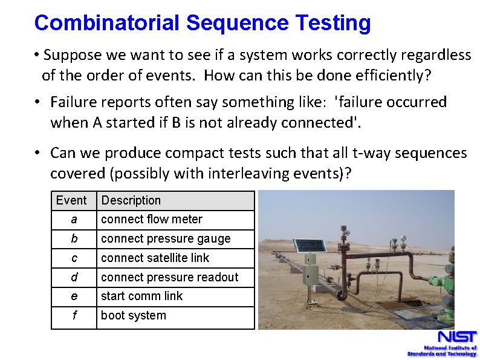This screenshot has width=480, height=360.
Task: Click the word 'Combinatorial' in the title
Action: [107, 23]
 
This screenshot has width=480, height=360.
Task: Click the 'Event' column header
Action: [71, 200]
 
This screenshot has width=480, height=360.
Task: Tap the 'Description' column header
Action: [131, 200]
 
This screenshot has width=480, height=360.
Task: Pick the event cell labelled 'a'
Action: [74, 220]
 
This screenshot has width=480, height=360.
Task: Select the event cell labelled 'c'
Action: [74, 258]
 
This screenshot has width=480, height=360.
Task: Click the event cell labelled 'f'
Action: [74, 316]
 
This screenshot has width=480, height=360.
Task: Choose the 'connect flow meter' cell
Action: [152, 220]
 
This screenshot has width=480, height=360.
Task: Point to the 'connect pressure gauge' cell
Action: [166, 239]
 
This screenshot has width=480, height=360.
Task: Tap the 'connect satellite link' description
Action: [155, 258]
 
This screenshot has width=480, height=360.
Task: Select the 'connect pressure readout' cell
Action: [169, 278]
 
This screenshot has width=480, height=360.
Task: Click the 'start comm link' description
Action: [141, 296]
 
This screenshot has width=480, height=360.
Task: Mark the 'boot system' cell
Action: [133, 316]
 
